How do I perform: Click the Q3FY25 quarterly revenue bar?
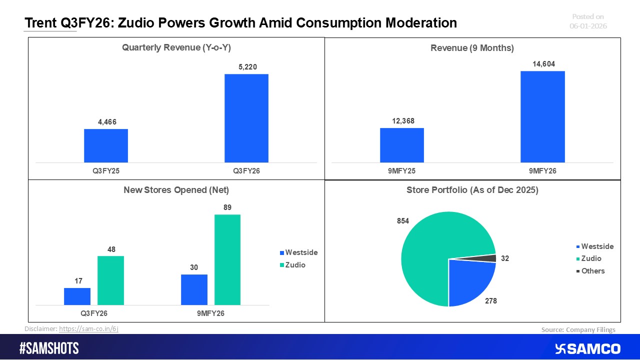(105, 145)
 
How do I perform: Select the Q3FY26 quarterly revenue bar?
(246, 118)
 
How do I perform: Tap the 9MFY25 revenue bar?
(401, 145)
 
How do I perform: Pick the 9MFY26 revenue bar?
(542, 116)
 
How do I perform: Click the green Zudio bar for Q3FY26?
(110, 280)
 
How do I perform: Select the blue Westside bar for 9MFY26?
(194, 289)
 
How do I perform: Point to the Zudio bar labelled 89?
(227, 259)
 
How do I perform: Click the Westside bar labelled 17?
(77, 296)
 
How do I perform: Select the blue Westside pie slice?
(468, 280)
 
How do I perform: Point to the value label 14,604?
(542, 64)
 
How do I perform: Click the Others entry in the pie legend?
(592, 271)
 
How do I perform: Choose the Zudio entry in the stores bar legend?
(295, 265)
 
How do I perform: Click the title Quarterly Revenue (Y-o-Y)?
(176, 48)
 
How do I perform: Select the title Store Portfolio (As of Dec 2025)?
(472, 190)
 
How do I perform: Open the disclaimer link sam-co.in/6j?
(88, 329)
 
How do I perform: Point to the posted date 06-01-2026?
(588, 26)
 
